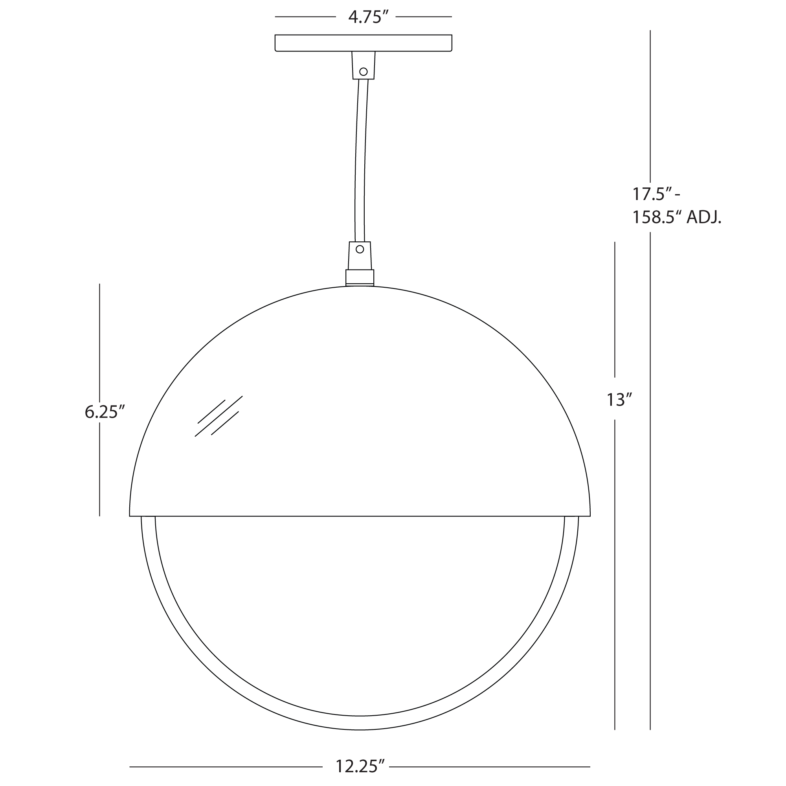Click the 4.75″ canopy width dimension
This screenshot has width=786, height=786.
click(365, 17)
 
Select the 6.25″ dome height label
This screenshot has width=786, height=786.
click(104, 412)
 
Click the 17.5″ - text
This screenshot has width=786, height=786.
click(656, 194)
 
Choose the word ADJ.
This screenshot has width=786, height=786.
click(704, 218)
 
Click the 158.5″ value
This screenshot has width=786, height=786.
click(657, 218)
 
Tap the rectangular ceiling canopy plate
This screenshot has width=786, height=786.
click(363, 43)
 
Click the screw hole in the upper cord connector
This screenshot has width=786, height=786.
click(363, 72)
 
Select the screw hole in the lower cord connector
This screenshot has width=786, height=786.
click(360, 249)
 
